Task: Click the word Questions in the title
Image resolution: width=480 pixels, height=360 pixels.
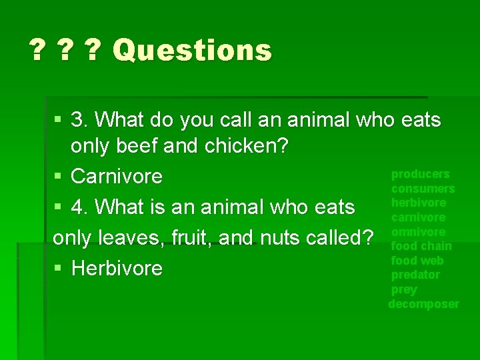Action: point(192,50)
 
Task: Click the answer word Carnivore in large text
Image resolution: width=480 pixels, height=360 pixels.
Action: point(116,177)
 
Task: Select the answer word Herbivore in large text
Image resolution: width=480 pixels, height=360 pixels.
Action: point(116,269)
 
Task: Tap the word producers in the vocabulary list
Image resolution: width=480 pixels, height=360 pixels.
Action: point(420,174)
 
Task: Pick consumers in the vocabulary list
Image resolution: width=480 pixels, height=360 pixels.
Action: point(423,189)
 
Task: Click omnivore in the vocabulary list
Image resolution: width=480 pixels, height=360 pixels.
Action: point(418,232)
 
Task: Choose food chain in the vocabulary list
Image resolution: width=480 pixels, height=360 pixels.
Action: point(421,246)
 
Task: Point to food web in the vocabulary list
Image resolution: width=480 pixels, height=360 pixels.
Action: point(417,261)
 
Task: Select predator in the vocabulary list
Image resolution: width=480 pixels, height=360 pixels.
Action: point(415,275)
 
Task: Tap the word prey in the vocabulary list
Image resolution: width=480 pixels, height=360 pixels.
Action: point(404,289)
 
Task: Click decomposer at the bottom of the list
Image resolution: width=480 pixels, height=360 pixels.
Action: point(423,304)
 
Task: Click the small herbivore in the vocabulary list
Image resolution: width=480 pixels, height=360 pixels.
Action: point(419,203)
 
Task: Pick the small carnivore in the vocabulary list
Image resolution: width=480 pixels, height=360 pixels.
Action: point(418,217)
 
